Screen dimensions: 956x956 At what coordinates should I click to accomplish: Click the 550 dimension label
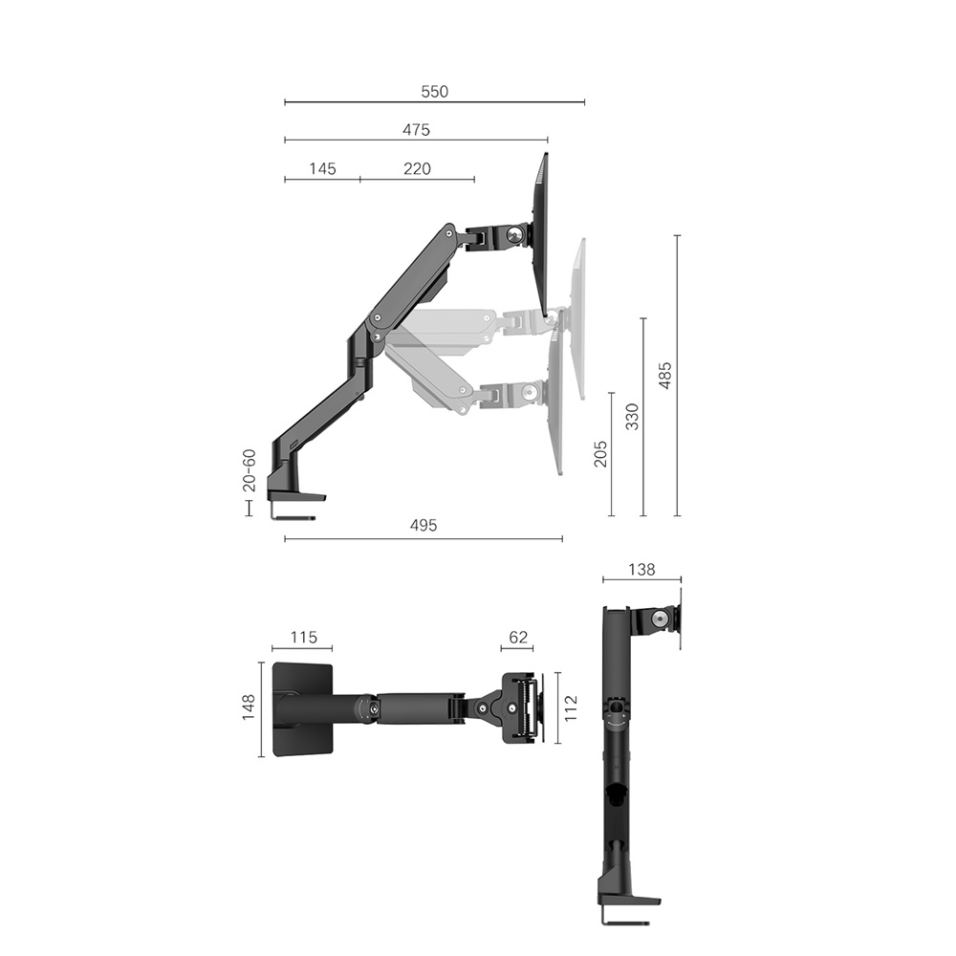(434, 92)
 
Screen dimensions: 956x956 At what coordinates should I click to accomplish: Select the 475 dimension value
(416, 130)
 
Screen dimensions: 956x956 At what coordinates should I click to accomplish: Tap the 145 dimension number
(322, 169)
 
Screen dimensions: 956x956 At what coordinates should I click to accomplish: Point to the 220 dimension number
(417, 169)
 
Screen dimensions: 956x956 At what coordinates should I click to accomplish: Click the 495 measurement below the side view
(423, 526)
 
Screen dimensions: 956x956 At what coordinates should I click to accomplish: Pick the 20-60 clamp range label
(249, 470)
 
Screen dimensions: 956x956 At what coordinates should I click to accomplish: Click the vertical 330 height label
(632, 416)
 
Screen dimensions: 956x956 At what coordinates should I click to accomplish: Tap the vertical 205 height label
(600, 453)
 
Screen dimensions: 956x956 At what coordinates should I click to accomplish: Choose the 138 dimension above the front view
(641, 570)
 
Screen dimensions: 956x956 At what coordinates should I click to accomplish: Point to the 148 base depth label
(249, 706)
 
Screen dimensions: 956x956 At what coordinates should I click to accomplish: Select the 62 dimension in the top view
(517, 638)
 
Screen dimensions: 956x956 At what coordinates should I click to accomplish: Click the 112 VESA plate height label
(571, 708)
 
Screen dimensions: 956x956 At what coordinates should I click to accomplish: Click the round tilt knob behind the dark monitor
(516, 233)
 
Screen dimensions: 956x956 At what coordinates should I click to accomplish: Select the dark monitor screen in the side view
(540, 234)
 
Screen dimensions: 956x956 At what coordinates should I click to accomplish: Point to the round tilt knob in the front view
(660, 619)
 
